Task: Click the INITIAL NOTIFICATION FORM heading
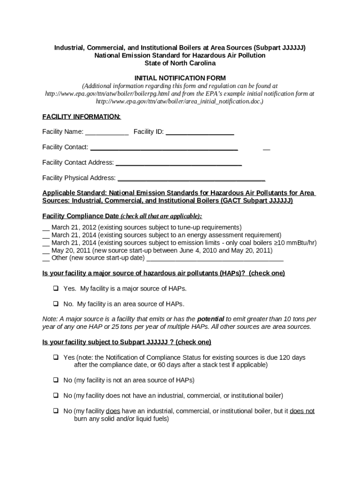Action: (x=180, y=78)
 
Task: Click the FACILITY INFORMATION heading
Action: (x=81, y=116)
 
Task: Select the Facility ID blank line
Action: (x=200, y=132)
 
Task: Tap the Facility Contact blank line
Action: (x=164, y=148)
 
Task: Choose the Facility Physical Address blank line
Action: (x=191, y=179)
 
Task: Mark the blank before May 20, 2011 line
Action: (x=46, y=251)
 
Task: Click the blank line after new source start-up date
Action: (x=215, y=258)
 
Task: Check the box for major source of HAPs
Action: (x=55, y=289)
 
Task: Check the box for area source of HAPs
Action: (x=55, y=304)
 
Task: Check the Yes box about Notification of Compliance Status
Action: (x=55, y=357)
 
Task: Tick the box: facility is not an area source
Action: (x=55, y=380)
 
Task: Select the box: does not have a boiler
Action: (x=55, y=395)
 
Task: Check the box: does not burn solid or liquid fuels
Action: (x=55, y=411)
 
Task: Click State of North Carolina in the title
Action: (x=180, y=63)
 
